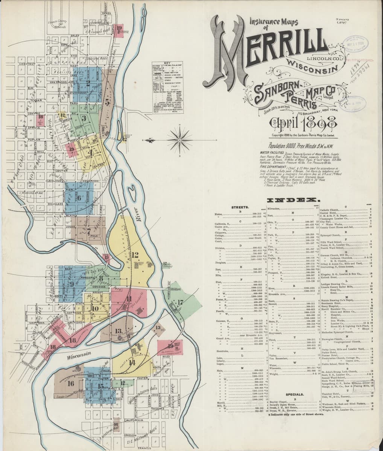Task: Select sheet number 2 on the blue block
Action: click(x=88, y=83)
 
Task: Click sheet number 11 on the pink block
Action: click(x=129, y=299)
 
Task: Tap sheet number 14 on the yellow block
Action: click(x=132, y=363)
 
